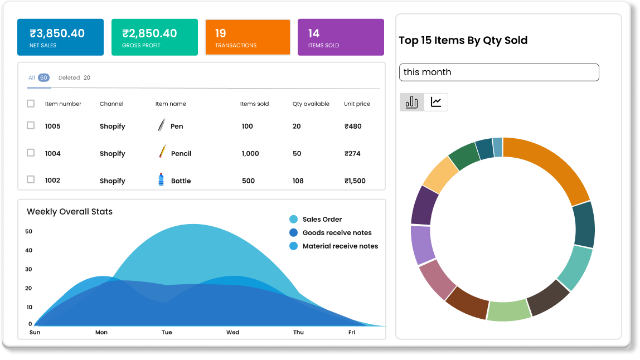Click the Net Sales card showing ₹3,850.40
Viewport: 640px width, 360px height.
click(x=60, y=37)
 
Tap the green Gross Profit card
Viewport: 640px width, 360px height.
click(x=154, y=37)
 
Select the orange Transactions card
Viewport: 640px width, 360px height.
click(x=248, y=37)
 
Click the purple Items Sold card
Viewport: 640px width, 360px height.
click(x=341, y=37)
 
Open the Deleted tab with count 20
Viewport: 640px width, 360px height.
click(x=74, y=78)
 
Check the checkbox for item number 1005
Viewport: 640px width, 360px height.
click(x=31, y=126)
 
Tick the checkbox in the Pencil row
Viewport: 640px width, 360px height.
click(x=31, y=153)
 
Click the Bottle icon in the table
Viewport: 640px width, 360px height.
click(x=161, y=180)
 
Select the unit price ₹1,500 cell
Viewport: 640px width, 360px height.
click(x=355, y=181)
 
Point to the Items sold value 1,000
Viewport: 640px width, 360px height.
click(x=250, y=153)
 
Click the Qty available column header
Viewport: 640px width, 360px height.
click(x=311, y=104)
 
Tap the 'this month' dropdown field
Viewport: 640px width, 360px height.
click(x=499, y=72)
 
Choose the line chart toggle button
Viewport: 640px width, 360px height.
click(x=436, y=102)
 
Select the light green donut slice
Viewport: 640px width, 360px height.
click(x=508, y=310)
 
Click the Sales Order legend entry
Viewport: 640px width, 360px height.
click(x=322, y=220)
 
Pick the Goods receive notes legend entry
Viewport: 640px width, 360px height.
click(x=337, y=233)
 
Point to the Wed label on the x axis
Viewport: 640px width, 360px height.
click(x=232, y=332)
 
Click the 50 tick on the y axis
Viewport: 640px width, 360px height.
click(x=29, y=231)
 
